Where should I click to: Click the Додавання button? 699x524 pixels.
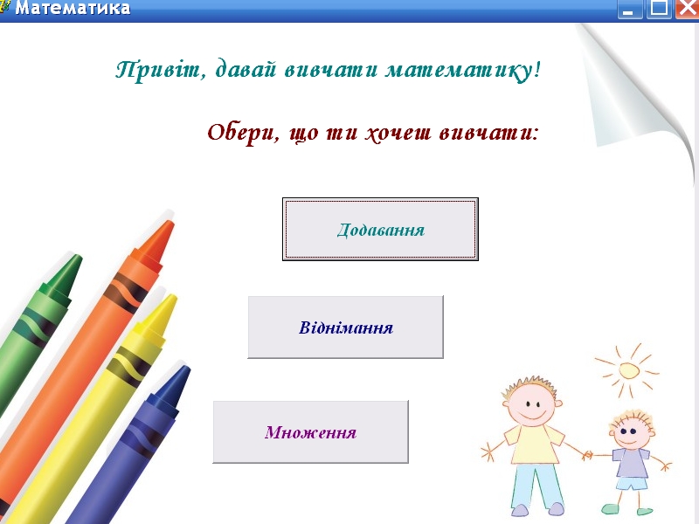[380, 229]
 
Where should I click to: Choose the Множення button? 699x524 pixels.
[311, 431]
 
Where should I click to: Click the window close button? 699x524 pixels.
[687, 9]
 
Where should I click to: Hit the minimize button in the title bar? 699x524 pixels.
[628, 9]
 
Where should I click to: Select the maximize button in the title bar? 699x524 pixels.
[659, 9]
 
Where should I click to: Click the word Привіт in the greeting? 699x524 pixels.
[158, 71]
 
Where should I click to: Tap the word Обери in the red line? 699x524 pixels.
[241, 133]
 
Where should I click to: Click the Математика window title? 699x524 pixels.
[73, 8]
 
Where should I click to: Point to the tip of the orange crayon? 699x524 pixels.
[170, 224]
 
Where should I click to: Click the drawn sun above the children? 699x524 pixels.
[627, 369]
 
